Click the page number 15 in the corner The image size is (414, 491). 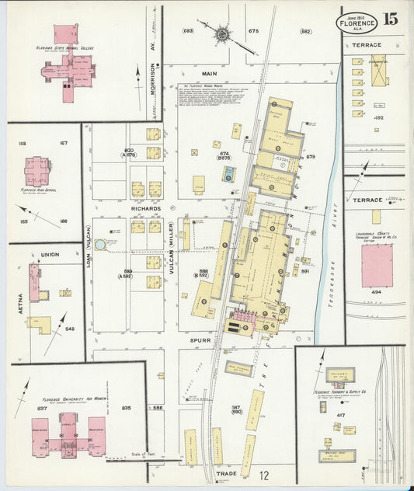point(391,19)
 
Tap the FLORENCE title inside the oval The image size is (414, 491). point(357,23)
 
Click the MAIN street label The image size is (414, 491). point(209,74)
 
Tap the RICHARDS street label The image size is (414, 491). point(146,209)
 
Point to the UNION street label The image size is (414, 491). point(50,254)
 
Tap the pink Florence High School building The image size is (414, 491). point(37,171)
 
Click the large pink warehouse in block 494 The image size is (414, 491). point(377,266)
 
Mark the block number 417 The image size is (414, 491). point(340,416)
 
